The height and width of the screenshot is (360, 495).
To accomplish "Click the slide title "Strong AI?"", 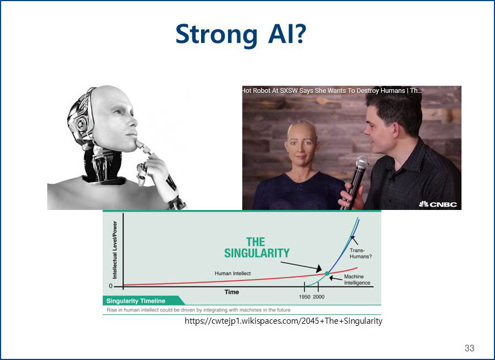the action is (x=241, y=34).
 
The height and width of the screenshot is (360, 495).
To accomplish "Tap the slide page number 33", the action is (x=469, y=348).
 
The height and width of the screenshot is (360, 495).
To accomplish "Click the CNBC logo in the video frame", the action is (x=438, y=204).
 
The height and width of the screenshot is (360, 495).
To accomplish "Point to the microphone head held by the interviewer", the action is (x=362, y=163).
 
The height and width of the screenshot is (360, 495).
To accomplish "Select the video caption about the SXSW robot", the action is (x=332, y=91).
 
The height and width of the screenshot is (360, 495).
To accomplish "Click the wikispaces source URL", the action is (x=283, y=321).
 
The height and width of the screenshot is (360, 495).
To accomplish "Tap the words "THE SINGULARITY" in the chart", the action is (x=257, y=247).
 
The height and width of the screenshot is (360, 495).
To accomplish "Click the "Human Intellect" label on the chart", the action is (x=232, y=274).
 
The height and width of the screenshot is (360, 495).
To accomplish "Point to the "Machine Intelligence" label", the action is (x=357, y=279).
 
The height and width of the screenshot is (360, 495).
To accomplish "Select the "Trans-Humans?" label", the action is (x=360, y=253).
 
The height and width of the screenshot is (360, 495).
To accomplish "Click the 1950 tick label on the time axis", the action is (x=305, y=297).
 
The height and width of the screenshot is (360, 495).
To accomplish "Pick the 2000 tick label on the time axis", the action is (x=319, y=297).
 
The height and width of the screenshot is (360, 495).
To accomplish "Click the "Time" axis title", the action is (x=232, y=292).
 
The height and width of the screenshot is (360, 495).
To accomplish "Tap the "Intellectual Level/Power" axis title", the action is (x=115, y=250).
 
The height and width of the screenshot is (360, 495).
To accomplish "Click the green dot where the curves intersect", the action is (x=327, y=274).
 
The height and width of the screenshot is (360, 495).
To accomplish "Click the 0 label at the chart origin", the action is (x=110, y=286).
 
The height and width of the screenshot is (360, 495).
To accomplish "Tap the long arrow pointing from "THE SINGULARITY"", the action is (x=301, y=267).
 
